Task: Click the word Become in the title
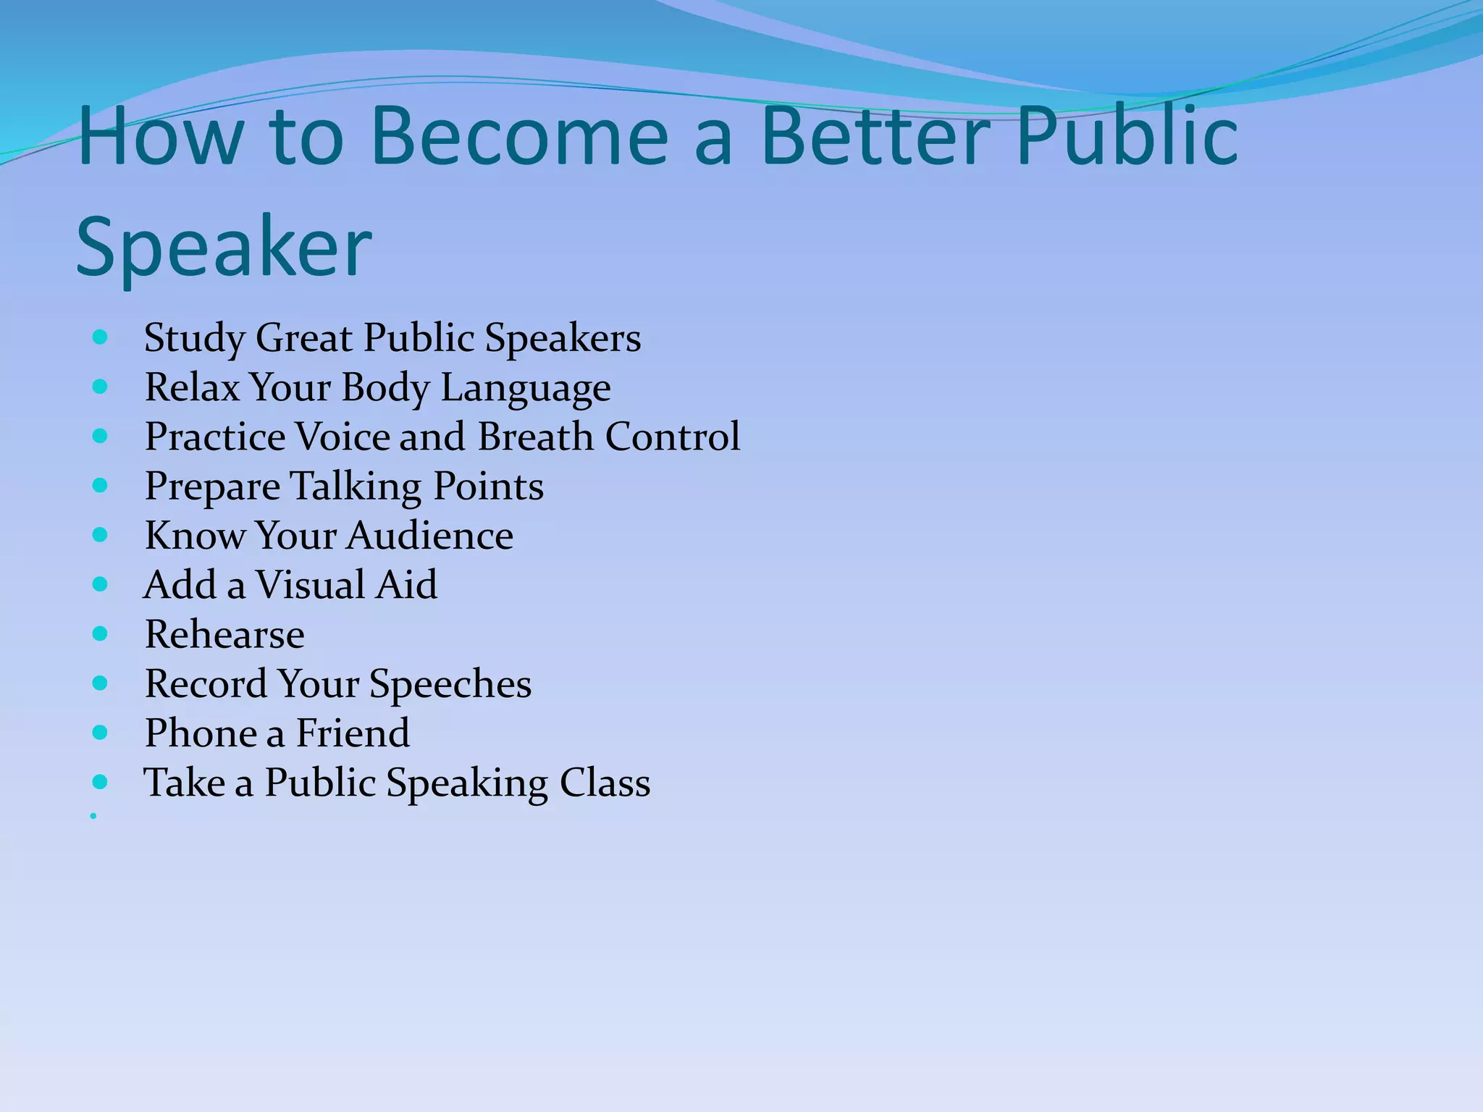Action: [x=518, y=136]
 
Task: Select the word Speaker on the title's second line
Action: [x=224, y=248]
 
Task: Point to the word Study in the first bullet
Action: [x=194, y=339]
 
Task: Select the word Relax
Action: [x=192, y=387]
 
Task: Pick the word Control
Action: [x=673, y=437]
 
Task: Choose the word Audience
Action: [x=430, y=536]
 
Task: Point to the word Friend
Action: [x=353, y=733]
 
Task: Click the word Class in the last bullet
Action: [x=605, y=783]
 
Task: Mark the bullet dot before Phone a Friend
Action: [x=101, y=733]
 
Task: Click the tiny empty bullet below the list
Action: [x=93, y=816]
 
